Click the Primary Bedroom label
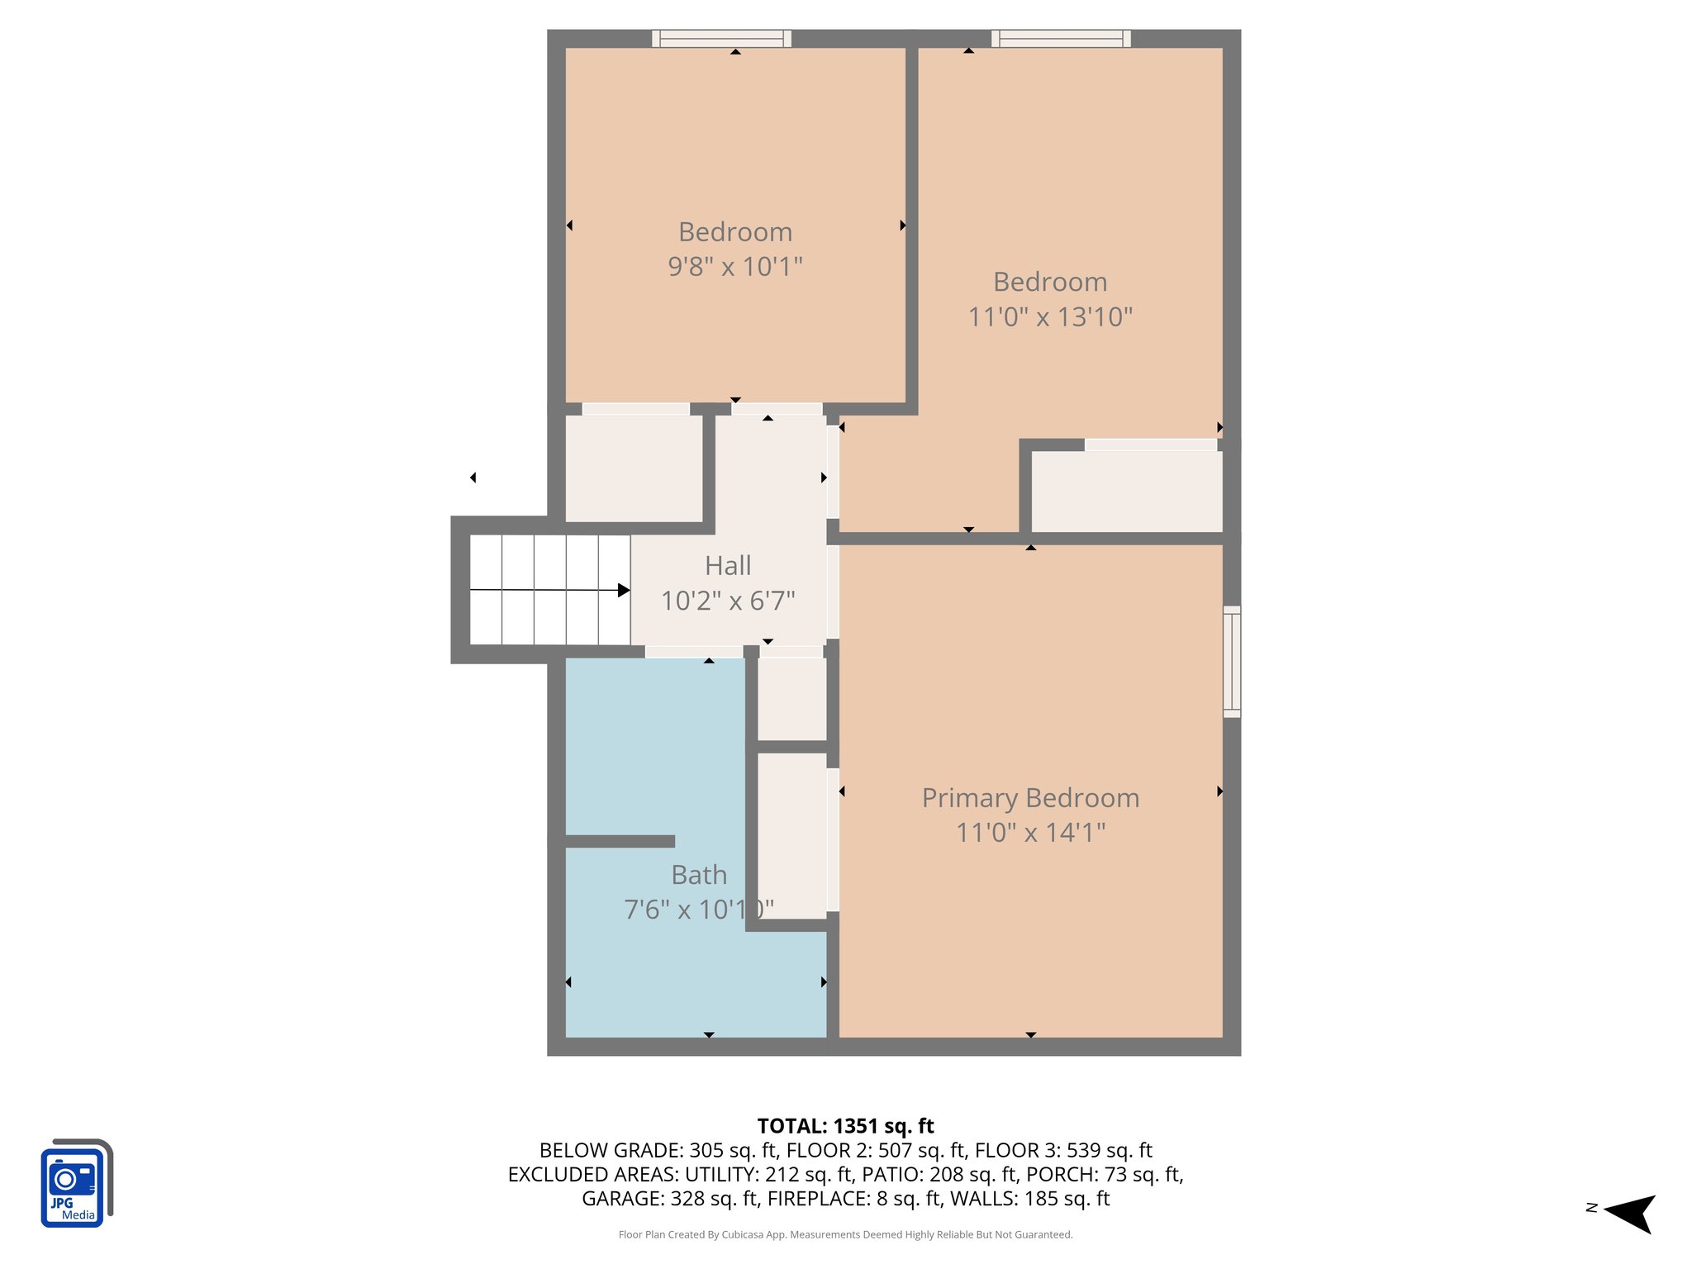pyautogui.click(x=1030, y=798)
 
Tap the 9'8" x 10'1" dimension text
pyautogui.click(x=735, y=267)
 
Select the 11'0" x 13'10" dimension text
pyautogui.click(x=1050, y=317)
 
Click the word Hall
pyautogui.click(x=728, y=566)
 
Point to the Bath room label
pyautogui.click(x=699, y=875)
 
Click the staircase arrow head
pyautogui.click(x=624, y=590)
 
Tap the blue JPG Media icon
pyautogui.click(x=75, y=1184)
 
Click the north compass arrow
pyautogui.click(x=1630, y=1213)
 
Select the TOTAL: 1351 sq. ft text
pyautogui.click(x=845, y=1126)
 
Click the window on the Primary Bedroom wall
pyautogui.click(x=1231, y=661)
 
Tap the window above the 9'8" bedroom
pyautogui.click(x=721, y=38)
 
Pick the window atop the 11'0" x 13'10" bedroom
pyautogui.click(x=1061, y=38)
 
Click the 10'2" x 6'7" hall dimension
pyautogui.click(x=728, y=601)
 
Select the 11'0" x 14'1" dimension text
pyautogui.click(x=1030, y=833)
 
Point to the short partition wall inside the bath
pyautogui.click(x=620, y=841)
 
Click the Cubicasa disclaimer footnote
pyautogui.click(x=845, y=1234)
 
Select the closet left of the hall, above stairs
pyautogui.click(x=634, y=468)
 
